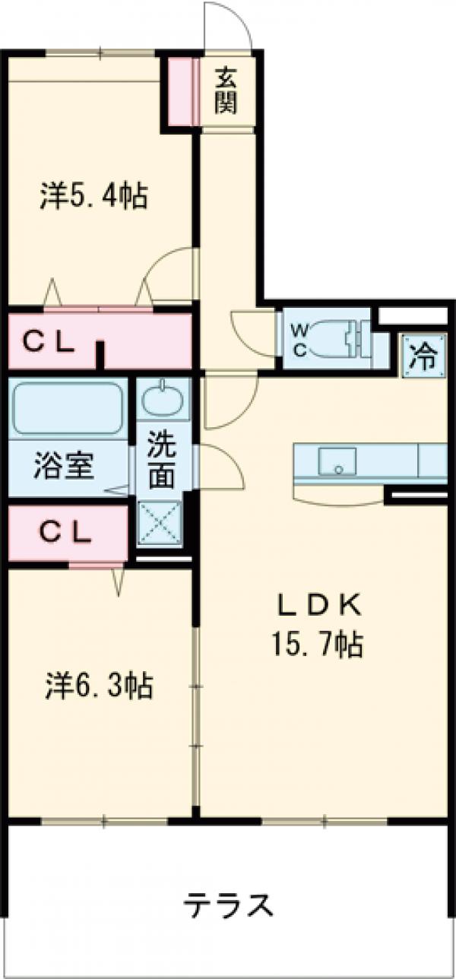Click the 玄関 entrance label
[225, 90]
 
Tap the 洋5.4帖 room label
[93, 198]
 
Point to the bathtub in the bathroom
[67, 407]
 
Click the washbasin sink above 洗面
[161, 400]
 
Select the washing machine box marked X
[160, 525]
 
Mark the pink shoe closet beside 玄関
[182, 90]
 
